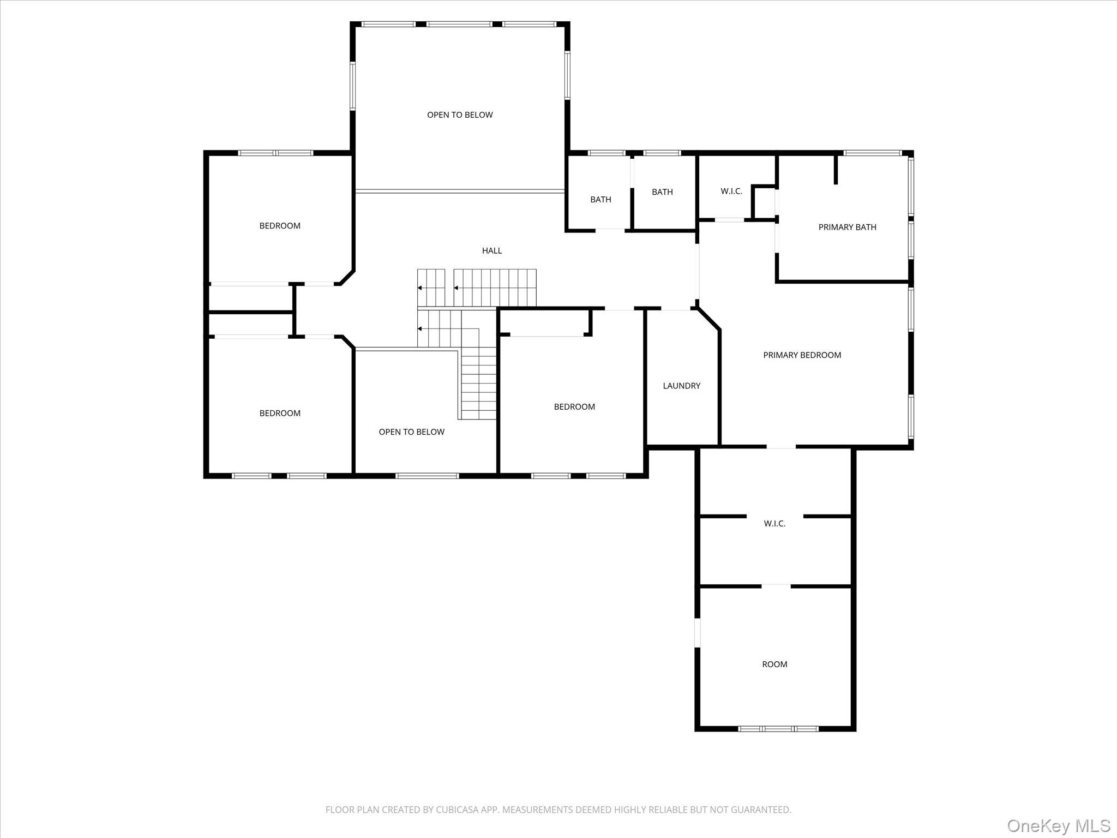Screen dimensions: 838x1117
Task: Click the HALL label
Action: (x=491, y=250)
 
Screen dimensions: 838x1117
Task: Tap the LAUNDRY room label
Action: (x=681, y=386)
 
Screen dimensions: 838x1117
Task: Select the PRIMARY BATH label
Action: (x=847, y=227)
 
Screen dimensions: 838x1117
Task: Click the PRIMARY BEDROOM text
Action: (x=802, y=355)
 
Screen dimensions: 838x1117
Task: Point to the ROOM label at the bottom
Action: (x=774, y=664)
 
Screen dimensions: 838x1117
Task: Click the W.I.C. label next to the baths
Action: (x=731, y=191)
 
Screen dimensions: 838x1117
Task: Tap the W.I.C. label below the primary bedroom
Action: (x=774, y=523)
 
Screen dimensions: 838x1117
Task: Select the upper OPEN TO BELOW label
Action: (x=460, y=115)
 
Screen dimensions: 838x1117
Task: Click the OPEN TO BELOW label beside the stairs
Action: (x=411, y=432)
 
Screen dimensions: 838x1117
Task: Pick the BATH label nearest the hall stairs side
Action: (x=600, y=200)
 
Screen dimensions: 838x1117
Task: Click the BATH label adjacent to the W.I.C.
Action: (x=662, y=192)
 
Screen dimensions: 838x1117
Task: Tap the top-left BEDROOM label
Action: (x=280, y=226)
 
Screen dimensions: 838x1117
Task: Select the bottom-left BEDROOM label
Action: (x=280, y=413)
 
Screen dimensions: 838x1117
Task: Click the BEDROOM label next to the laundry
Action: (x=574, y=406)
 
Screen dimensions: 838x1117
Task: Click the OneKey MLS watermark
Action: (x=1058, y=824)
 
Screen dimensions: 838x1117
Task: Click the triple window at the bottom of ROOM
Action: (x=778, y=728)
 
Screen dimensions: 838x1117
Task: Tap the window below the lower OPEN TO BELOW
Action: (x=427, y=476)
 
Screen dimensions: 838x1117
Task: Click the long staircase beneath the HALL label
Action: (x=495, y=288)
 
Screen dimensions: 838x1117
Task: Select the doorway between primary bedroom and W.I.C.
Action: (x=781, y=447)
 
